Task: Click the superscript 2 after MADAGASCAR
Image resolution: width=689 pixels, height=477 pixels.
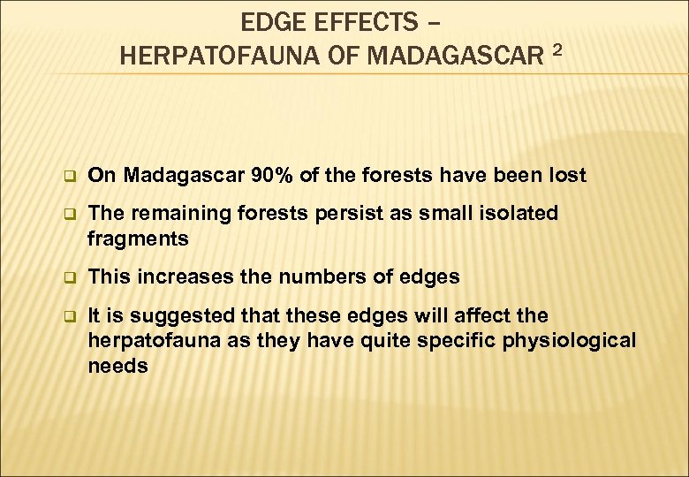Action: [556, 51]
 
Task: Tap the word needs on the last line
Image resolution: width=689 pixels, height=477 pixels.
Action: [117, 365]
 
